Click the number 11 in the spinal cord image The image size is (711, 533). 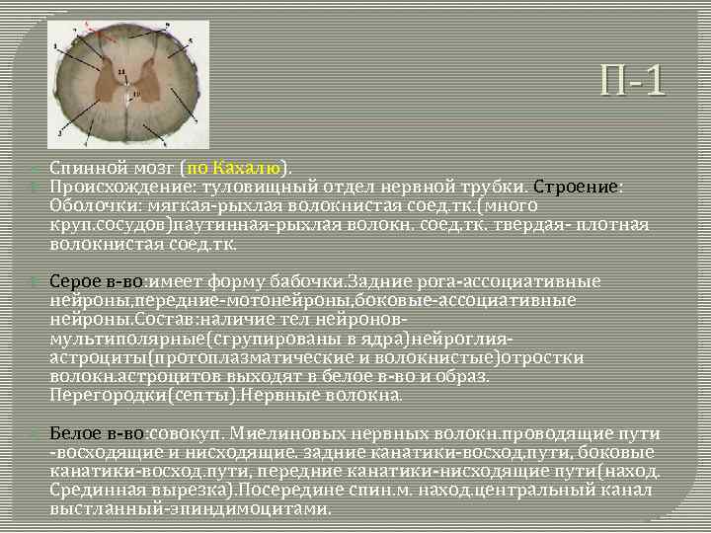[120, 73]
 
